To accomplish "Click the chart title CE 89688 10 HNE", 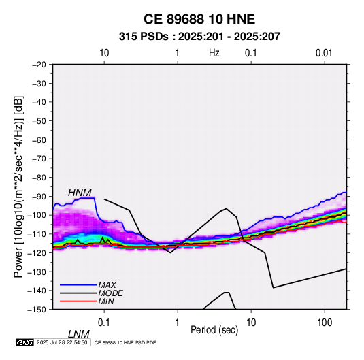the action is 199,19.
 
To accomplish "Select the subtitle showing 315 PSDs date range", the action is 199,37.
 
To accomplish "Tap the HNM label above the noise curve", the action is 80,193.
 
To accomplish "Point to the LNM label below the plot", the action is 79,334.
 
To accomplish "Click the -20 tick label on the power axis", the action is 39,65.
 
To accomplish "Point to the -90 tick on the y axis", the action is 39,196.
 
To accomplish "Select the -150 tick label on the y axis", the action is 37,310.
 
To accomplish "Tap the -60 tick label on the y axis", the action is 39,140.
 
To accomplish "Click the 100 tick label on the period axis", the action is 325,323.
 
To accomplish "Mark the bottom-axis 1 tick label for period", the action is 177,323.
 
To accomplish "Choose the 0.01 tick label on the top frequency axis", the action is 324,53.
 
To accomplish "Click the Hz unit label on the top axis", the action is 214,53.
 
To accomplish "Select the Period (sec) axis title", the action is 214,330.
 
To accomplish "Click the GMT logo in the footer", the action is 24,342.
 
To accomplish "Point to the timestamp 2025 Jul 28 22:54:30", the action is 62,342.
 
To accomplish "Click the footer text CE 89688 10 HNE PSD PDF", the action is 125,343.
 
